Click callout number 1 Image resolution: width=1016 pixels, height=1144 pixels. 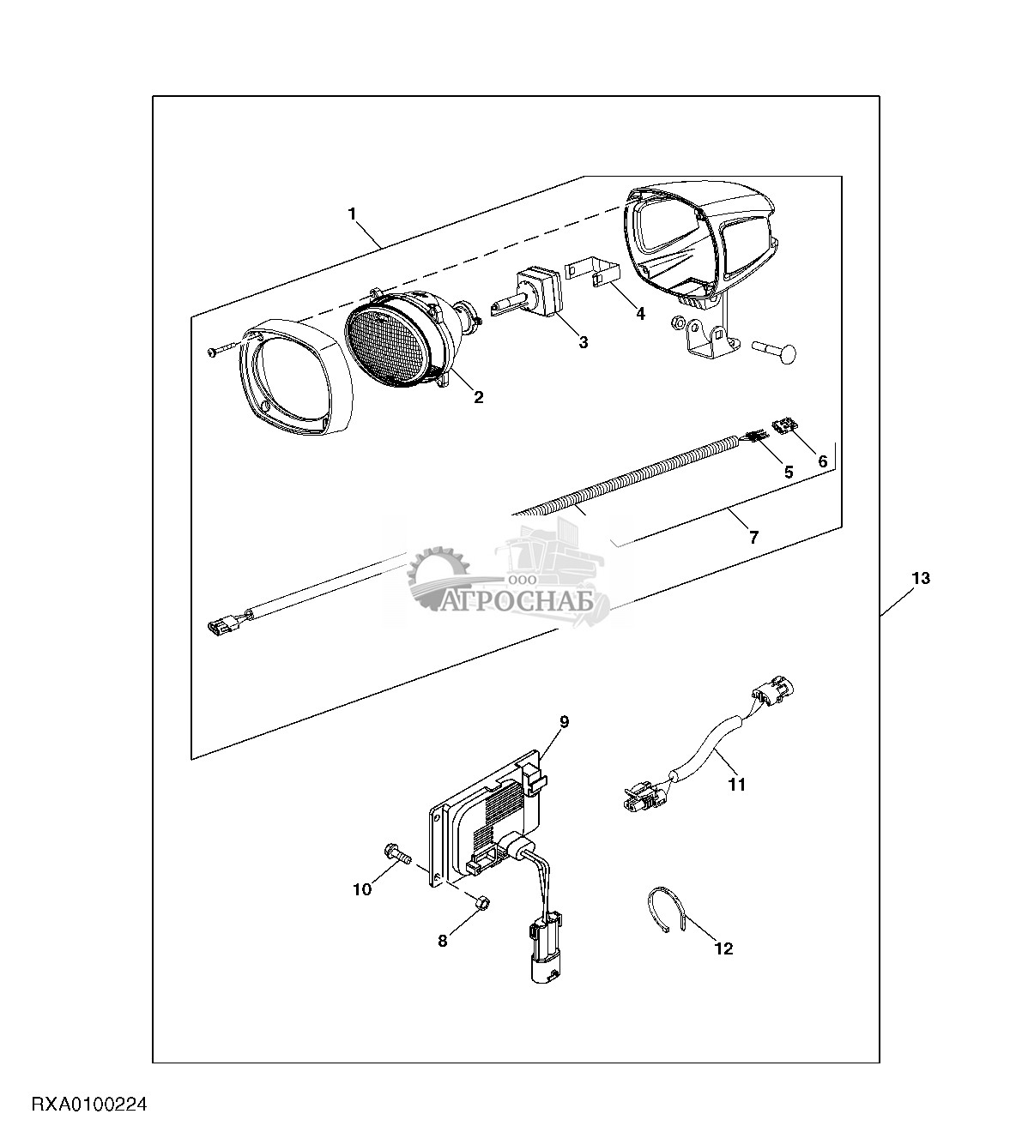pyautogui.click(x=352, y=214)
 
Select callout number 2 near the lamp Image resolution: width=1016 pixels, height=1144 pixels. pyautogui.click(x=478, y=397)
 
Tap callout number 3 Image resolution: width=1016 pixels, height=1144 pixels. pyautogui.click(x=584, y=342)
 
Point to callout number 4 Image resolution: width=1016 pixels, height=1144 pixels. pyautogui.click(x=640, y=314)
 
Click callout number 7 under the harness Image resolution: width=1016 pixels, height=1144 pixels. pyautogui.click(x=753, y=538)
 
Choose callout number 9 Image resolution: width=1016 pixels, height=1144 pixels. pyautogui.click(x=564, y=722)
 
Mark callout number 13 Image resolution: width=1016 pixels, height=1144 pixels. pyautogui.click(x=920, y=579)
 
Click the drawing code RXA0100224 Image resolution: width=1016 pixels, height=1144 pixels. pyautogui.click(x=90, y=1105)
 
